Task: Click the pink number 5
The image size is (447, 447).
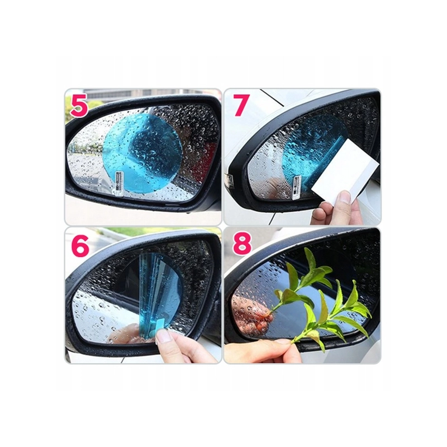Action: pyautogui.click(x=79, y=106)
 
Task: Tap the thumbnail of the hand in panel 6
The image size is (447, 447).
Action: pyautogui.click(x=163, y=336)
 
